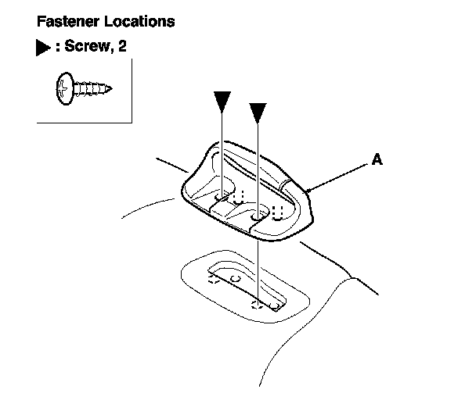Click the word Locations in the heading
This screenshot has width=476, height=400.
coord(136,22)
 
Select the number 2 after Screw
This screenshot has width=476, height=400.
coord(121,48)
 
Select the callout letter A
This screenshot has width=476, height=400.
coord(377,159)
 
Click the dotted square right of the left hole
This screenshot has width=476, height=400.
coord(241,193)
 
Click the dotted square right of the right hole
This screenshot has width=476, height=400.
coord(277,210)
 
